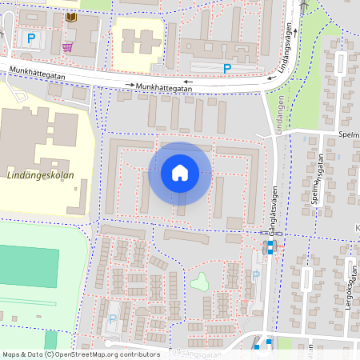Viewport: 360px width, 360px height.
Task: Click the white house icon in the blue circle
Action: click(x=180, y=173)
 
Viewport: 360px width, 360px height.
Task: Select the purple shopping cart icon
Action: click(x=68, y=46)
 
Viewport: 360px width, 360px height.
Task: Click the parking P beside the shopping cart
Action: click(x=31, y=38)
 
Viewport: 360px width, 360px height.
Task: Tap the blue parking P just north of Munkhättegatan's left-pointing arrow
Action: click(x=227, y=69)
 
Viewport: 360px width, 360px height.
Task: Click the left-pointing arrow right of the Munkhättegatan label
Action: click(x=188, y=82)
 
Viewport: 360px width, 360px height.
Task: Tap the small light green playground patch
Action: click(x=198, y=282)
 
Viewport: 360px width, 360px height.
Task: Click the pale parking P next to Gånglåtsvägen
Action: click(x=255, y=276)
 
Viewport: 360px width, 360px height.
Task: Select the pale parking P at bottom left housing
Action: click(x=112, y=318)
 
